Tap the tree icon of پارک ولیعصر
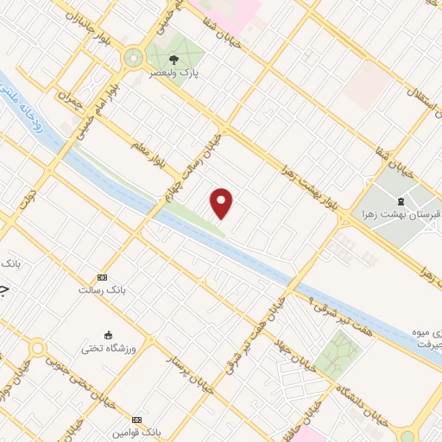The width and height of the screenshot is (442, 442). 173,60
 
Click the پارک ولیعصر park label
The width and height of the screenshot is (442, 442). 173,73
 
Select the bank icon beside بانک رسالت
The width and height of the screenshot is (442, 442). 103,277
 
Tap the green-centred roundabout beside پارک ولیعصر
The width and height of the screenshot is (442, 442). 133,58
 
